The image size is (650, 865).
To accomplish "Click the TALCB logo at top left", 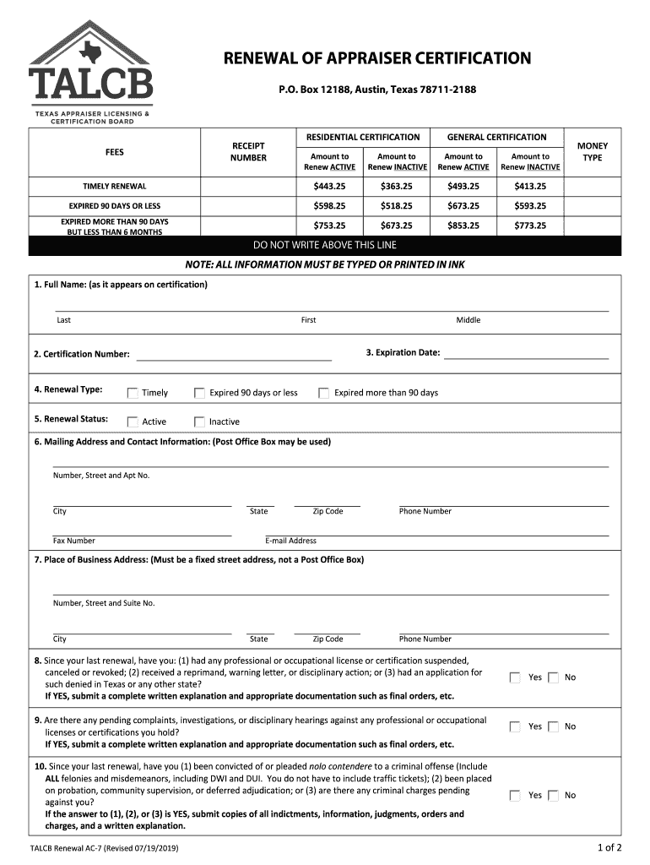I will (91, 71).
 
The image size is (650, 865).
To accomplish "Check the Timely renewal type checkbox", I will (133, 393).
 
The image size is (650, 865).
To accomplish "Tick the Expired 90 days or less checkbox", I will (200, 393).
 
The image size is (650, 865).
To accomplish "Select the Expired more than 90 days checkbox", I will (323, 393).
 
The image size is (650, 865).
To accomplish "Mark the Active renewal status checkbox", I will (133, 422).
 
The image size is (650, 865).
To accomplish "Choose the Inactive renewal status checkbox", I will (200, 422).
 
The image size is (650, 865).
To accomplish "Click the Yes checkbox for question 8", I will (515, 677).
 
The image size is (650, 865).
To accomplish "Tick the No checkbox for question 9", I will (553, 726).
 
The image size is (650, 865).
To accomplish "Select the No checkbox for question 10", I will (553, 795).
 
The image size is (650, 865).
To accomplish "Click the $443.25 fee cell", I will (329, 187).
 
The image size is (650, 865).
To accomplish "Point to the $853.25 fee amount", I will (463, 226).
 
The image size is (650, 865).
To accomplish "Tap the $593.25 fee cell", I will (530, 206).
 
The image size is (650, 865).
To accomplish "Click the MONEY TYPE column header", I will (592, 152).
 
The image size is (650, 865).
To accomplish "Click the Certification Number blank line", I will (234, 355).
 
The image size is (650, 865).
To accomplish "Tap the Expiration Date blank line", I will (526, 354).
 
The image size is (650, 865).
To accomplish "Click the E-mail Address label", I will (290, 541).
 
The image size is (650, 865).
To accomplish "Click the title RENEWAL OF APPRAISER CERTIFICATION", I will (376, 58).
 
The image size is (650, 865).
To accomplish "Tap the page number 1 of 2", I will (608, 847).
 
